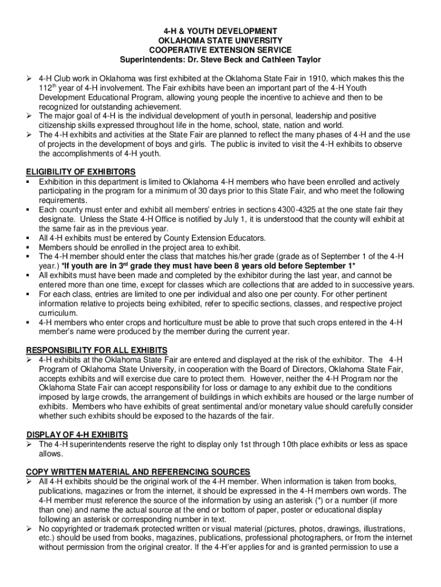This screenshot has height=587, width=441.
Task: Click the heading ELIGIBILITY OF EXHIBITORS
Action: pyautogui.click(x=81, y=171)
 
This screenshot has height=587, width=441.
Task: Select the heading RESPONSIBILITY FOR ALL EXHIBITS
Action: pyautogui.click(x=97, y=350)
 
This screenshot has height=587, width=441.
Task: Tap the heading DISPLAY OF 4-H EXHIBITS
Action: pyautogui.click(x=77, y=435)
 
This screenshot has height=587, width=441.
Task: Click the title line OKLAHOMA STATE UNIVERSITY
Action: pyautogui.click(x=220, y=41)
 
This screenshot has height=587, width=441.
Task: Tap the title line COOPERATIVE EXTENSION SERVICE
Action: pyautogui.click(x=220, y=50)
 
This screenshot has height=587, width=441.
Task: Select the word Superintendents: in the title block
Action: pyautogui.click(x=147, y=60)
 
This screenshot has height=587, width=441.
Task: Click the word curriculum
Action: pyautogui.click(x=58, y=313)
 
